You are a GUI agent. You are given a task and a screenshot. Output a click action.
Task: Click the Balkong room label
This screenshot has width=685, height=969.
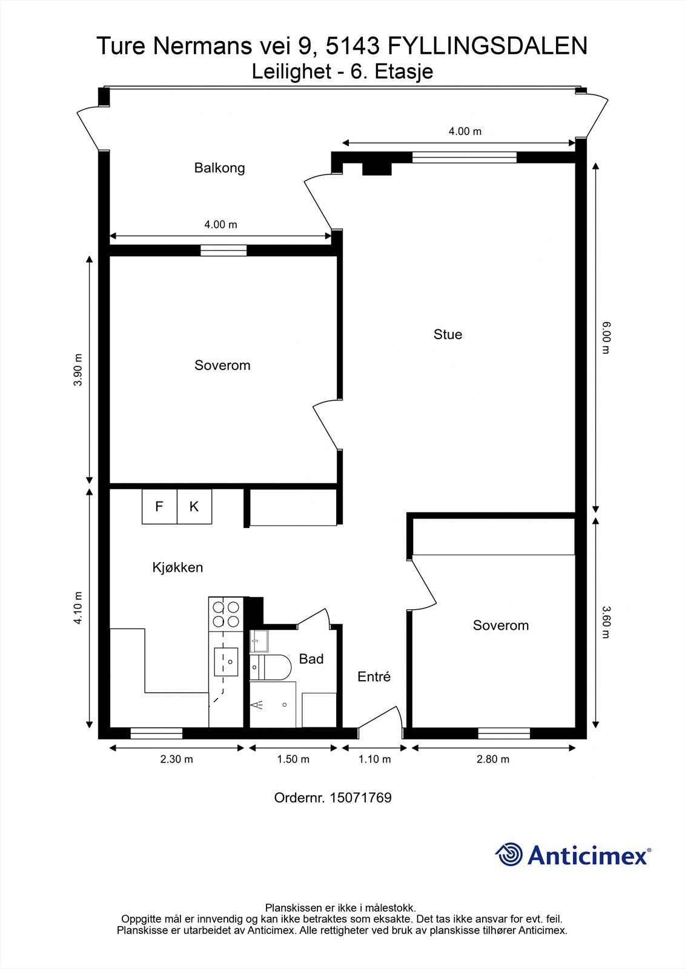(219, 168)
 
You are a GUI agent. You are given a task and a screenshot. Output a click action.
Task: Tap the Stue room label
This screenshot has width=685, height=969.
(448, 334)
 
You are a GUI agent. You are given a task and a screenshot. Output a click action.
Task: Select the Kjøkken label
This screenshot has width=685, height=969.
(177, 567)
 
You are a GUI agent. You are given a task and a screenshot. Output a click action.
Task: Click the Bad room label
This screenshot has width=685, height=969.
(311, 659)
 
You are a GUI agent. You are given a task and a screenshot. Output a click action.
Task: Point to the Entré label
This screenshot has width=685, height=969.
(374, 677)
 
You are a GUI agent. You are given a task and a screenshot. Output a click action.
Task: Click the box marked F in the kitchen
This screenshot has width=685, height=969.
(159, 506)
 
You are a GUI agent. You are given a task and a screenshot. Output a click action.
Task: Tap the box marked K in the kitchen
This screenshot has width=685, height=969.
(194, 506)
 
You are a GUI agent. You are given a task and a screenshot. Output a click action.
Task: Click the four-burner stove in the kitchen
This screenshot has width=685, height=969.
(225, 614)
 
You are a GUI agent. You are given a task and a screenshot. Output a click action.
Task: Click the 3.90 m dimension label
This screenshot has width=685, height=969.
(78, 369)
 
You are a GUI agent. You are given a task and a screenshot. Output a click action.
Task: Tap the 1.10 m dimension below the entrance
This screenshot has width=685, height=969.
(374, 759)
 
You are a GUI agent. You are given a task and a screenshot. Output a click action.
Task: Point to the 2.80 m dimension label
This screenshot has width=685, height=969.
(493, 759)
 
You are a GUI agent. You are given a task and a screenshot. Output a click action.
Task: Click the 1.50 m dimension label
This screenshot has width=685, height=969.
(293, 759)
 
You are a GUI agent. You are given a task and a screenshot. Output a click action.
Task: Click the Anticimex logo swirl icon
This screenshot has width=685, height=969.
(509, 855)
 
